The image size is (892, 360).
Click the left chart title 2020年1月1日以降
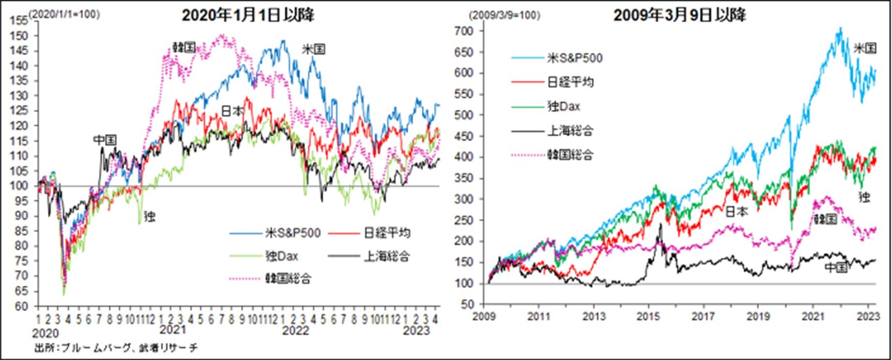point(248,15)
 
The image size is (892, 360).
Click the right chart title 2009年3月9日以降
point(679,15)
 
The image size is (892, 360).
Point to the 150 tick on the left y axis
point(22,36)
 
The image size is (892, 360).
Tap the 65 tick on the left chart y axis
point(22,291)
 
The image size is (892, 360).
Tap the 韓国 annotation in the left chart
point(184,48)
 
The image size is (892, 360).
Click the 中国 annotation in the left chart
point(105,140)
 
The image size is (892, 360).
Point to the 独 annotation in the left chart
point(149,217)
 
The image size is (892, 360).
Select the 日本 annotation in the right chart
point(737,211)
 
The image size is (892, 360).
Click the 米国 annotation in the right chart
point(865,49)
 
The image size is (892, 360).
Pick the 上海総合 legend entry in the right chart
point(570,131)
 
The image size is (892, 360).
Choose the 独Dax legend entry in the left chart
point(282,256)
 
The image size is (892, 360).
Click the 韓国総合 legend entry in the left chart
point(288,279)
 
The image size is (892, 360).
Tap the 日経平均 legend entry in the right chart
point(570,82)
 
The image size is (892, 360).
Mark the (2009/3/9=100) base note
point(505,15)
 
